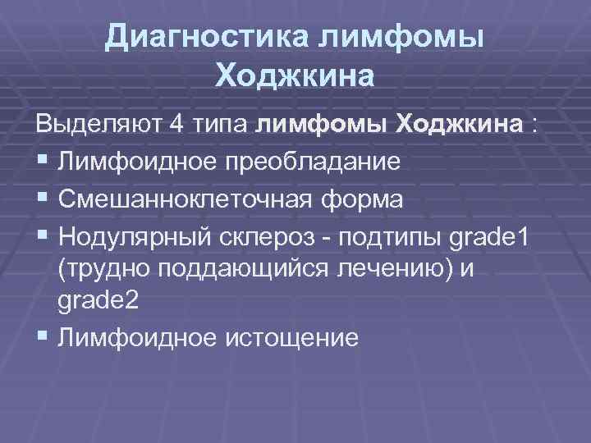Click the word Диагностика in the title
click(x=206, y=37)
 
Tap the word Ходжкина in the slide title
click(x=295, y=76)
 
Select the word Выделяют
click(x=97, y=126)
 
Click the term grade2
click(x=98, y=301)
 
